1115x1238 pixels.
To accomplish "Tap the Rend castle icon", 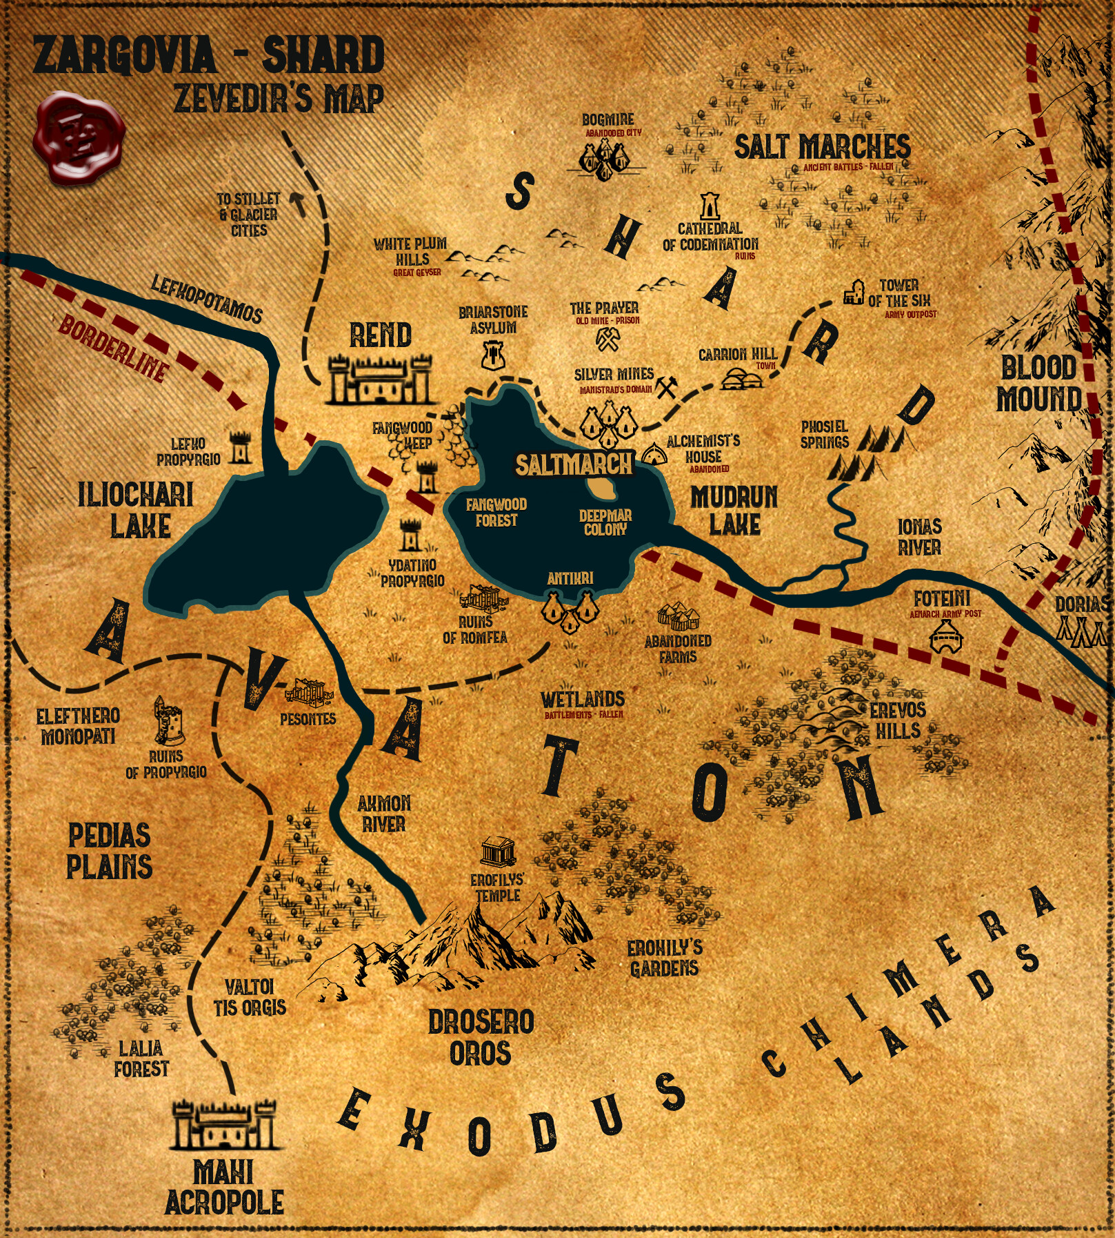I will pos(380,380).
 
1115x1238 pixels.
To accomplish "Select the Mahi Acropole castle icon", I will pos(223,1125).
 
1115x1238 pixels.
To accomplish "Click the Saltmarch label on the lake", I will pos(574,464).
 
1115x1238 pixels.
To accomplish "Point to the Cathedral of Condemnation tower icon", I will pos(710,206).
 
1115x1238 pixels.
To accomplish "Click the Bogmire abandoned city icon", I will pos(605,157).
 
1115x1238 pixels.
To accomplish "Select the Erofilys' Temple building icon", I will pos(498,853).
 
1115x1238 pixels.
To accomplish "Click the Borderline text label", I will pos(114,348).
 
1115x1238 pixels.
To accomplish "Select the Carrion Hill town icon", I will pos(743,378).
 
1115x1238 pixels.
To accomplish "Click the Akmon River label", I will pos(383,814).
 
